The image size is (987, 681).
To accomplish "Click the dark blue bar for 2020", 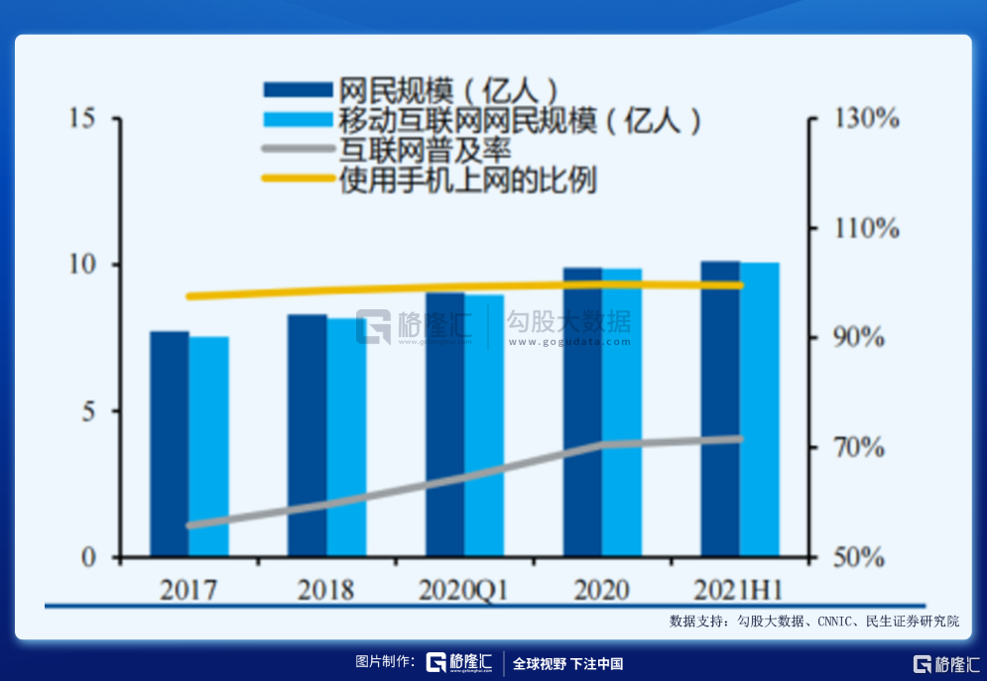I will [x=582, y=412].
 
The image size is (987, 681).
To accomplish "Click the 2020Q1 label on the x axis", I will [x=463, y=591].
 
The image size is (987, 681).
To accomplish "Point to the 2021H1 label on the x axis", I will [x=738, y=591].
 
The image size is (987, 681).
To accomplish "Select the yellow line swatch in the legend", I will [x=298, y=179].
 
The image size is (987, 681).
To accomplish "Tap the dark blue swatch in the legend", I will [x=298, y=89].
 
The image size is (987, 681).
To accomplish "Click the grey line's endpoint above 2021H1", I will [x=739, y=438].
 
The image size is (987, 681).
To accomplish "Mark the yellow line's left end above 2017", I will [x=189, y=296].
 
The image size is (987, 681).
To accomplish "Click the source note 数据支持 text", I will [x=814, y=622].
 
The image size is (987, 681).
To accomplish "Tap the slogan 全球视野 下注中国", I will [x=567, y=663].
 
